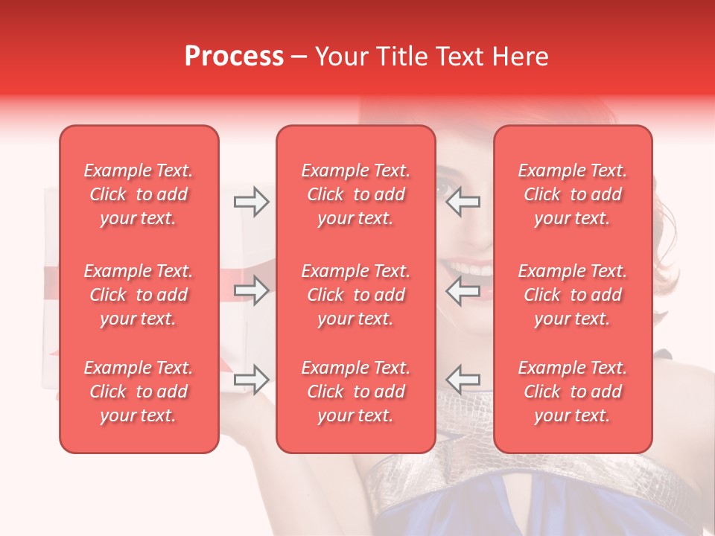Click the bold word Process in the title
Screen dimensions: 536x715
click(234, 57)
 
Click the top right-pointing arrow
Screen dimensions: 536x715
click(251, 202)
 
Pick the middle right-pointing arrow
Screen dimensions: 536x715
click(251, 291)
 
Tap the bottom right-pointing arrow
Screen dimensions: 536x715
click(251, 380)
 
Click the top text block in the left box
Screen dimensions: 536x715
click(139, 194)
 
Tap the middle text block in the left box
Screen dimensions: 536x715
click(139, 295)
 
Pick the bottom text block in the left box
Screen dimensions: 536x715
click(139, 392)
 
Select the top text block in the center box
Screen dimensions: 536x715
click(356, 194)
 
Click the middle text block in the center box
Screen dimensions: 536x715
click(356, 295)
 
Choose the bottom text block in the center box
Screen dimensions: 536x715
click(356, 392)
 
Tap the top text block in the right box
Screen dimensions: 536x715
click(573, 194)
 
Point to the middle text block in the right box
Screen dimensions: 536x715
click(573, 295)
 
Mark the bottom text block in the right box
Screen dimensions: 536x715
click(573, 392)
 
